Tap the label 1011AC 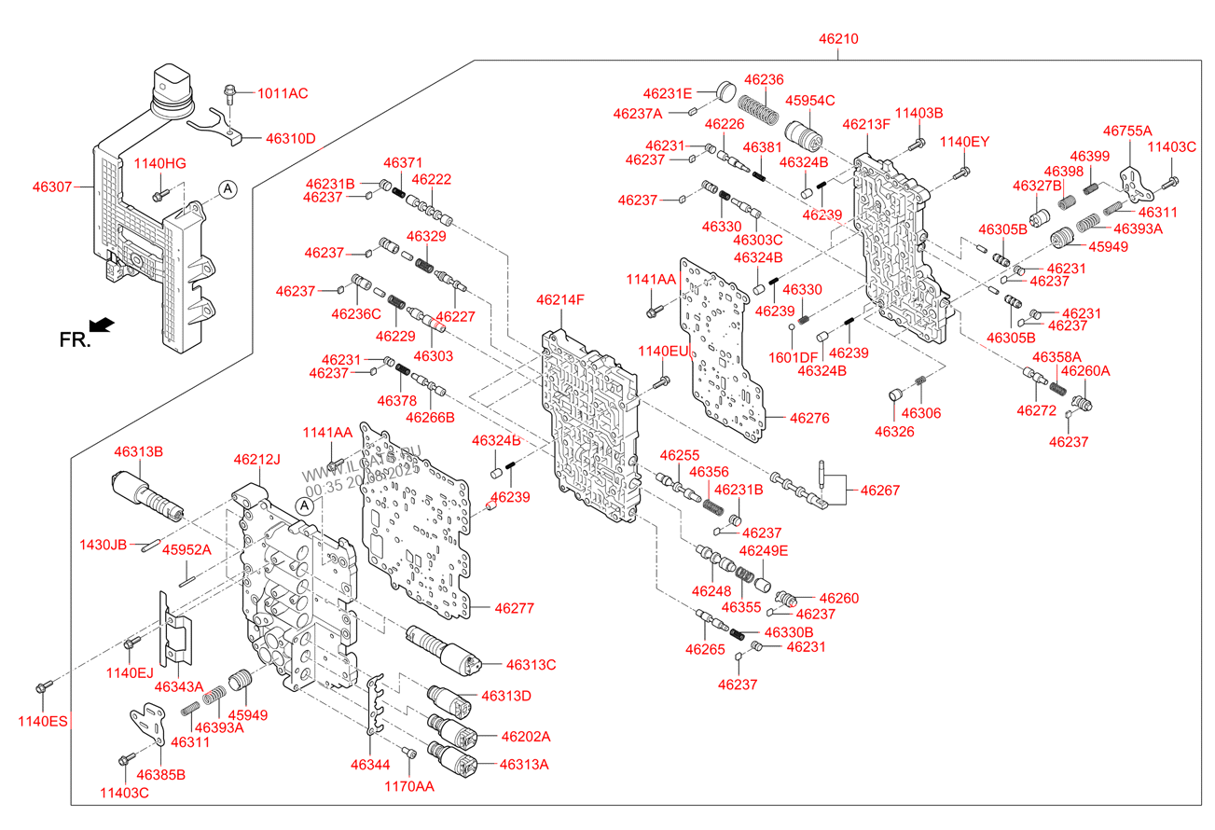coord(283,93)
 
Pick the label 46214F coord(559,300)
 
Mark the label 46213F coord(867,124)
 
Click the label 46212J coord(257,459)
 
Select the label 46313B coord(139,451)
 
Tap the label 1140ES coord(44,720)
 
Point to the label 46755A coord(1126,131)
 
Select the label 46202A coord(526,737)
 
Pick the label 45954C coord(809,100)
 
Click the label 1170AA coord(409,786)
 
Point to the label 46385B coord(160,774)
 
